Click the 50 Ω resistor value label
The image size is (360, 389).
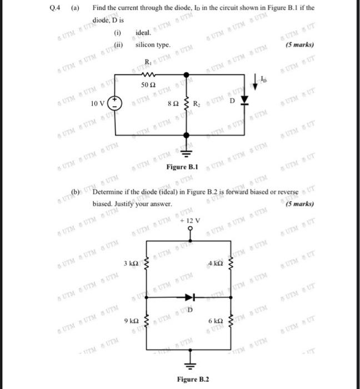click(x=148, y=84)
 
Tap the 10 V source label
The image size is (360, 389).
click(x=101, y=104)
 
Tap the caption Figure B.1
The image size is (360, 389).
click(x=182, y=167)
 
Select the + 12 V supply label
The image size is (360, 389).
click(x=190, y=221)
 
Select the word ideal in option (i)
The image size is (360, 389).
click(x=143, y=34)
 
